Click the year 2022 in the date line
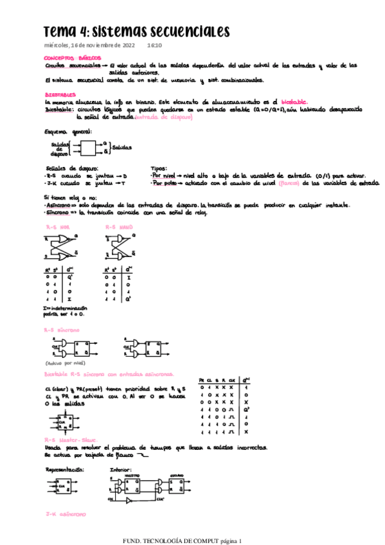pyautogui.click(x=125, y=46)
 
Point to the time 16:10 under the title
pyautogui.click(x=155, y=46)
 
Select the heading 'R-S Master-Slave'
pyautogui.click(x=71, y=440)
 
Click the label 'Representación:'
pyautogui.click(x=64, y=470)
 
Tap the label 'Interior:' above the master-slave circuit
pyautogui.click(x=120, y=470)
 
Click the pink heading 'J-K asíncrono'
pyautogui.click(x=66, y=515)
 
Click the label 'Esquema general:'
pyautogui.click(x=67, y=132)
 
